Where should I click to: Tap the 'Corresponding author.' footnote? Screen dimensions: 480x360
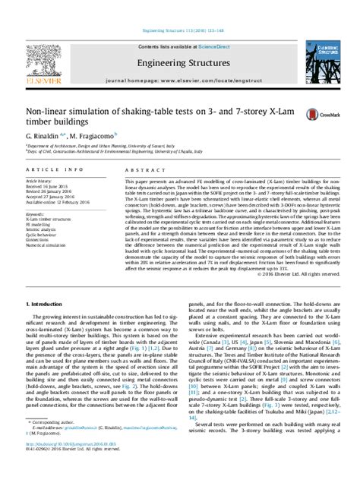(x=52, y=443)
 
